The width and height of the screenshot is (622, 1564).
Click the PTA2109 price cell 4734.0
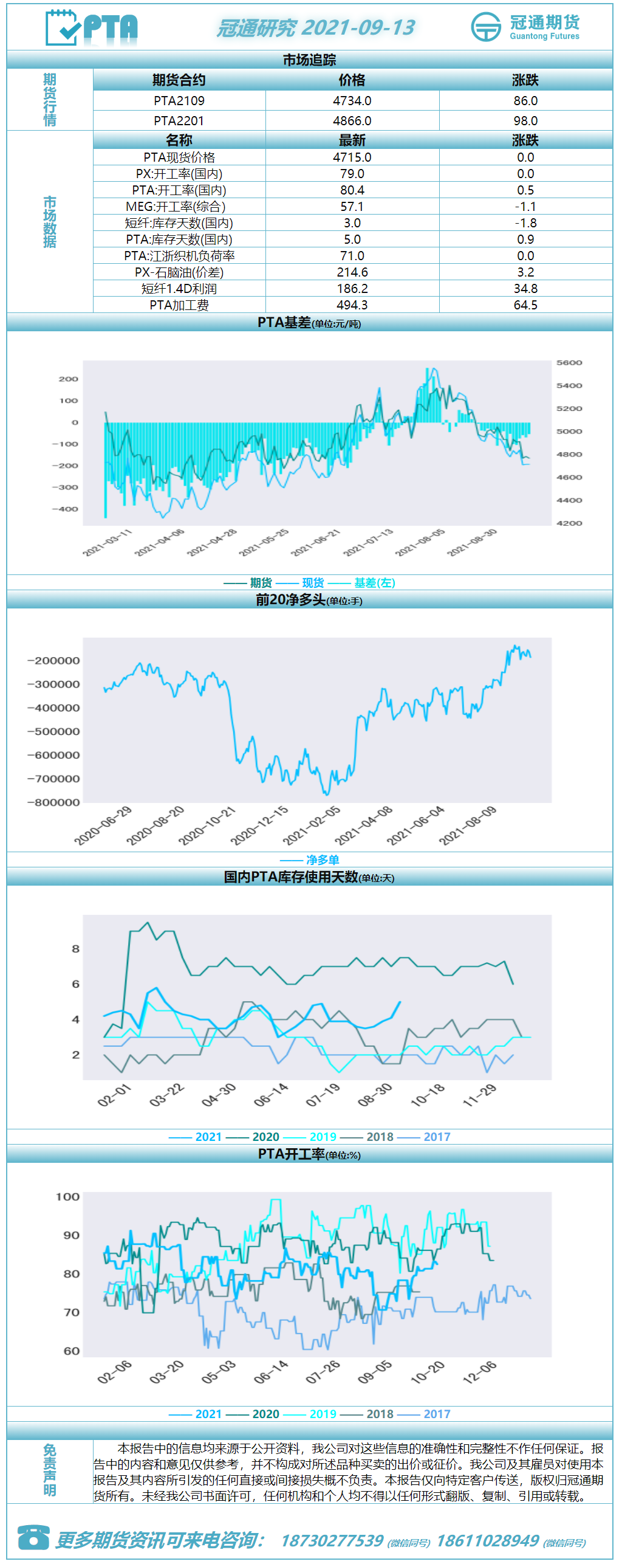tap(352, 101)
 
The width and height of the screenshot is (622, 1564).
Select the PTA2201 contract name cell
tap(179, 121)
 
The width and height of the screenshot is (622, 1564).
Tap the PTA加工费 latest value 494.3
tap(352, 305)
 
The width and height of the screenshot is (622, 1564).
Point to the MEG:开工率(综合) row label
tap(176, 207)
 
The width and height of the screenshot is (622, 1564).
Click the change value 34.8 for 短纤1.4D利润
tap(525, 289)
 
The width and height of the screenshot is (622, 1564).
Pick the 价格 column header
tap(352, 80)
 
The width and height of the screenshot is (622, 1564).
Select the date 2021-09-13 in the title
tap(358, 27)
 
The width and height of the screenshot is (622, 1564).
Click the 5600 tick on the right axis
tap(569, 363)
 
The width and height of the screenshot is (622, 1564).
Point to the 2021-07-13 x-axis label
tap(369, 542)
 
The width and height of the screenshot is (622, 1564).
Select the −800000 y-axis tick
tap(53, 802)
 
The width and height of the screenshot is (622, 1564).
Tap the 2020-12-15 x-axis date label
tap(259, 825)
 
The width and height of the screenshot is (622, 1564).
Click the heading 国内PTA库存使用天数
tap(291, 877)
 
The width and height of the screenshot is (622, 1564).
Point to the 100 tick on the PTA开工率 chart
tap(68, 1197)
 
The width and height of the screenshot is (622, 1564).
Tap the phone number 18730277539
tap(332, 1541)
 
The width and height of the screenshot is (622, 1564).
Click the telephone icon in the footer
tap(33, 1537)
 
